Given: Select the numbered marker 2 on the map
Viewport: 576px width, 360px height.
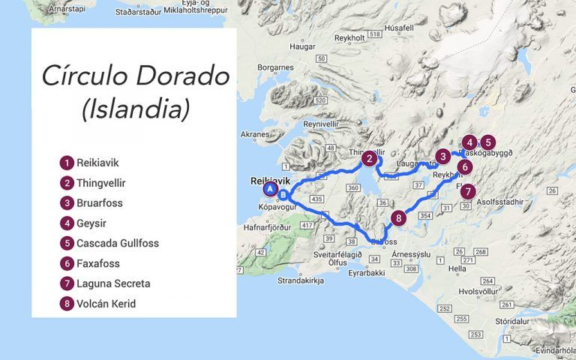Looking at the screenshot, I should point(368,158).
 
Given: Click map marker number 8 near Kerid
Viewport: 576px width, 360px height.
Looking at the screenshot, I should point(398,217).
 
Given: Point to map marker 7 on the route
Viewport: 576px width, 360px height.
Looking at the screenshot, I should point(468,190).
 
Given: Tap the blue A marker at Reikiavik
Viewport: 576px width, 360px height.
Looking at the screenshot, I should point(269,189).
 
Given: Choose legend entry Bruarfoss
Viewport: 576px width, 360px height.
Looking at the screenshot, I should point(99,202).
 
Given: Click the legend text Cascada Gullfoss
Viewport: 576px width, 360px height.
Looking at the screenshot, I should point(117,243).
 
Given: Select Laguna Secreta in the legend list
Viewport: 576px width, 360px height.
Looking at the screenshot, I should point(112,283).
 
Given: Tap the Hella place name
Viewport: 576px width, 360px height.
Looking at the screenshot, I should point(457,268).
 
